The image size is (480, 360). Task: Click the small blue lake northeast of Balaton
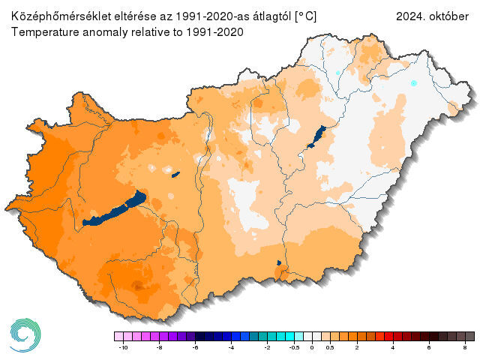(x=175, y=175)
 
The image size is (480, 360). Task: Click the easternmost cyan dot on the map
(x=413, y=83)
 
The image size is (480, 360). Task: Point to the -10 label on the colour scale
(x=121, y=349)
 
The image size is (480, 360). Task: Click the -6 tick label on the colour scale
(x=195, y=349)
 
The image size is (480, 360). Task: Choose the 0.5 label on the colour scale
(x=330, y=349)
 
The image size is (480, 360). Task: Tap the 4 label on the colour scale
(x=392, y=349)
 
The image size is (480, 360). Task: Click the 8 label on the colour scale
(x=465, y=349)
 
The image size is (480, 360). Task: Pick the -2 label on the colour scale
(x=267, y=349)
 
